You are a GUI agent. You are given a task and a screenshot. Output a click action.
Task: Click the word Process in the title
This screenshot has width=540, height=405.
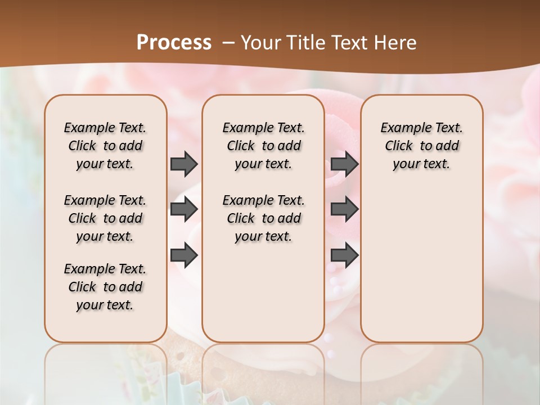coord(174,42)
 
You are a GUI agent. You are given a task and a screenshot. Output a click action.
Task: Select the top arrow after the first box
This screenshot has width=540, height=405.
coord(184,164)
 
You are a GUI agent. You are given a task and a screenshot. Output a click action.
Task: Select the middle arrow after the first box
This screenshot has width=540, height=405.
coord(184,210)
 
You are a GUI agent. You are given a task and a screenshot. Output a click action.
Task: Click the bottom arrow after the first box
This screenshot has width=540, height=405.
coord(184,256)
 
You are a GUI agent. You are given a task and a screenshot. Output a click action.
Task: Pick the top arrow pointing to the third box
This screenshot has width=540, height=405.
coord(344,164)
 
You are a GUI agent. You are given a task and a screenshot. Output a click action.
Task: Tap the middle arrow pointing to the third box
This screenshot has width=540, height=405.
coord(344,210)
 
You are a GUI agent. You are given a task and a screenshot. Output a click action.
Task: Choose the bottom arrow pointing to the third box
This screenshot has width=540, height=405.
coord(344,256)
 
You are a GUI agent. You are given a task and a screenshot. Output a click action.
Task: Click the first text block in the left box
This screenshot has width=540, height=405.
coord(105,146)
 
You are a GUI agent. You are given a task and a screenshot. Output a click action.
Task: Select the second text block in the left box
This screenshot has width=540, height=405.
coord(105,218)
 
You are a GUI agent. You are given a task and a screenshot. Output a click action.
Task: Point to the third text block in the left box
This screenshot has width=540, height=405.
coord(105,287)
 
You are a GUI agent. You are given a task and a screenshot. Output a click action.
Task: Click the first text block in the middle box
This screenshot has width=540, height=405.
coord(263,146)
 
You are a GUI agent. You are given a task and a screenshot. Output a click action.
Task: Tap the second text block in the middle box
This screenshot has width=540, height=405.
coord(263,218)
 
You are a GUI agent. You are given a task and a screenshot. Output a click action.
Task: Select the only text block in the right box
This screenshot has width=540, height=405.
coord(421,146)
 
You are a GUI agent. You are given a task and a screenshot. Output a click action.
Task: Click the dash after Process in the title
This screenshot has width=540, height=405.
coord(228,43)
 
